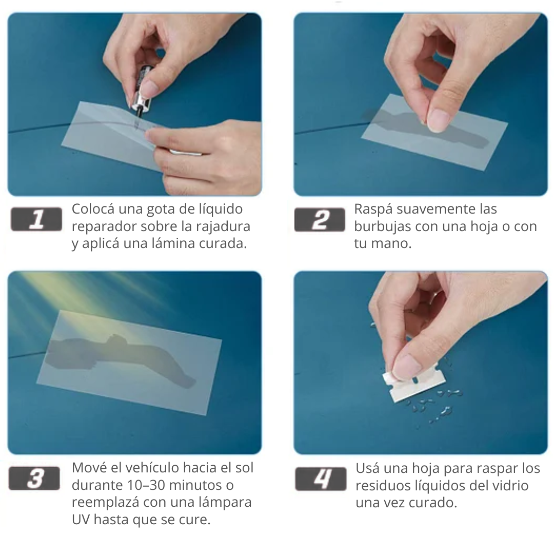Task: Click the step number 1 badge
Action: point(36,219)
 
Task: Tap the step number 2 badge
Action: point(320,220)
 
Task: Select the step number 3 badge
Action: point(34,479)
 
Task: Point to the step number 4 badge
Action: point(321,479)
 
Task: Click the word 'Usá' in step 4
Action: point(367,468)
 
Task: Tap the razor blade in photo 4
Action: point(414,384)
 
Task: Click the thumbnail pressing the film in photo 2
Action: point(439,120)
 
